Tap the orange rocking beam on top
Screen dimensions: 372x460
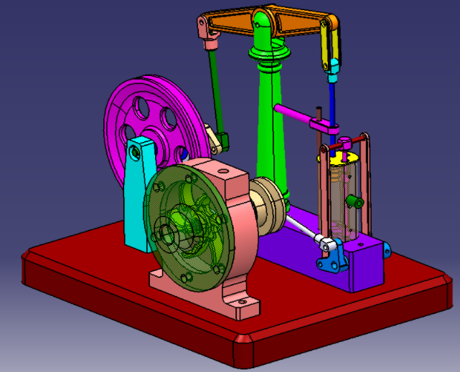point(294,26)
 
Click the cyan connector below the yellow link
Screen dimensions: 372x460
point(333,68)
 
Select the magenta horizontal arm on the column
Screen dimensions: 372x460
point(294,115)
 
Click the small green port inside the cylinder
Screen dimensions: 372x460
point(352,200)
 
